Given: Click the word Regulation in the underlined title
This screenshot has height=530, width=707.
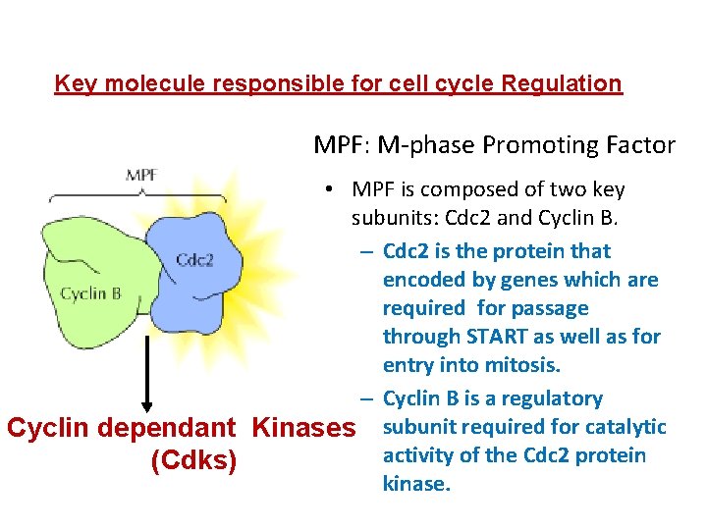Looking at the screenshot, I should coord(561,83).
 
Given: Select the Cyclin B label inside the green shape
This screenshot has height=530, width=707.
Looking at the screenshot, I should coord(91,292).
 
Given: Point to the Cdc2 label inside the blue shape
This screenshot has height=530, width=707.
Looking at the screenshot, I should coord(194,260).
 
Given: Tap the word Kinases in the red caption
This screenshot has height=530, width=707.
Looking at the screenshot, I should coord(302,428).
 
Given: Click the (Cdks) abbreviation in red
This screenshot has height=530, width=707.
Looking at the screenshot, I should coord(192,460).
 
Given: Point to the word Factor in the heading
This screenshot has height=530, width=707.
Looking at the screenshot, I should coord(642,145).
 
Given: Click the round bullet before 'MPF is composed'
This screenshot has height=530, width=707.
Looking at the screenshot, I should coord(337,189).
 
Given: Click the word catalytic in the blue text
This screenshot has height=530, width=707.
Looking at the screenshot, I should coord(627,427).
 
